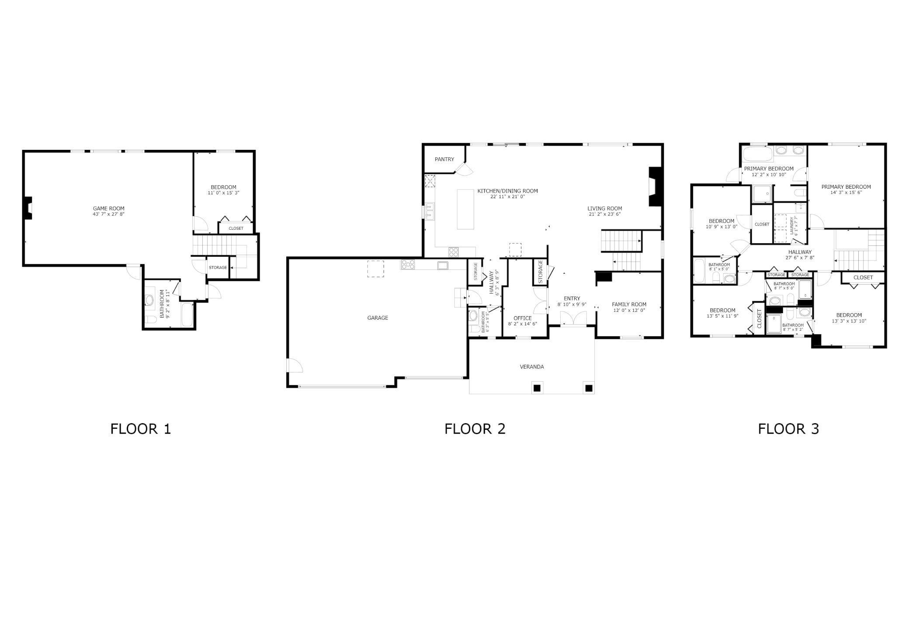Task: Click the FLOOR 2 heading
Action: [475, 429]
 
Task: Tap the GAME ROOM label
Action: [108, 208]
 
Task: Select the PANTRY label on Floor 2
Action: [444, 159]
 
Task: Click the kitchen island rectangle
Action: [465, 209]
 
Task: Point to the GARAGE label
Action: [378, 318]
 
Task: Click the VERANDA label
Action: [532, 367]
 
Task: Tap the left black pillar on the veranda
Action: [537, 388]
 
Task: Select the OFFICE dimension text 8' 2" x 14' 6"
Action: [522, 324]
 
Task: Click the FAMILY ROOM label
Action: [629, 304]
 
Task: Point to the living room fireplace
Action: [655, 186]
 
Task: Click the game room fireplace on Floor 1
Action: [28, 208]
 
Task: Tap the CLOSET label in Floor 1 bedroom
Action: [236, 228]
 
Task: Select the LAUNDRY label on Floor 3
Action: [792, 225]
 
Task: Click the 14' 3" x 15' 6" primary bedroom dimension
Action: [846, 193]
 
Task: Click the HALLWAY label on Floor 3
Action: [800, 252]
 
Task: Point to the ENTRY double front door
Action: [572, 319]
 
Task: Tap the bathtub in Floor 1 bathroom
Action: [187, 315]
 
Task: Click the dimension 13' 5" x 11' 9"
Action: [722, 316]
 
